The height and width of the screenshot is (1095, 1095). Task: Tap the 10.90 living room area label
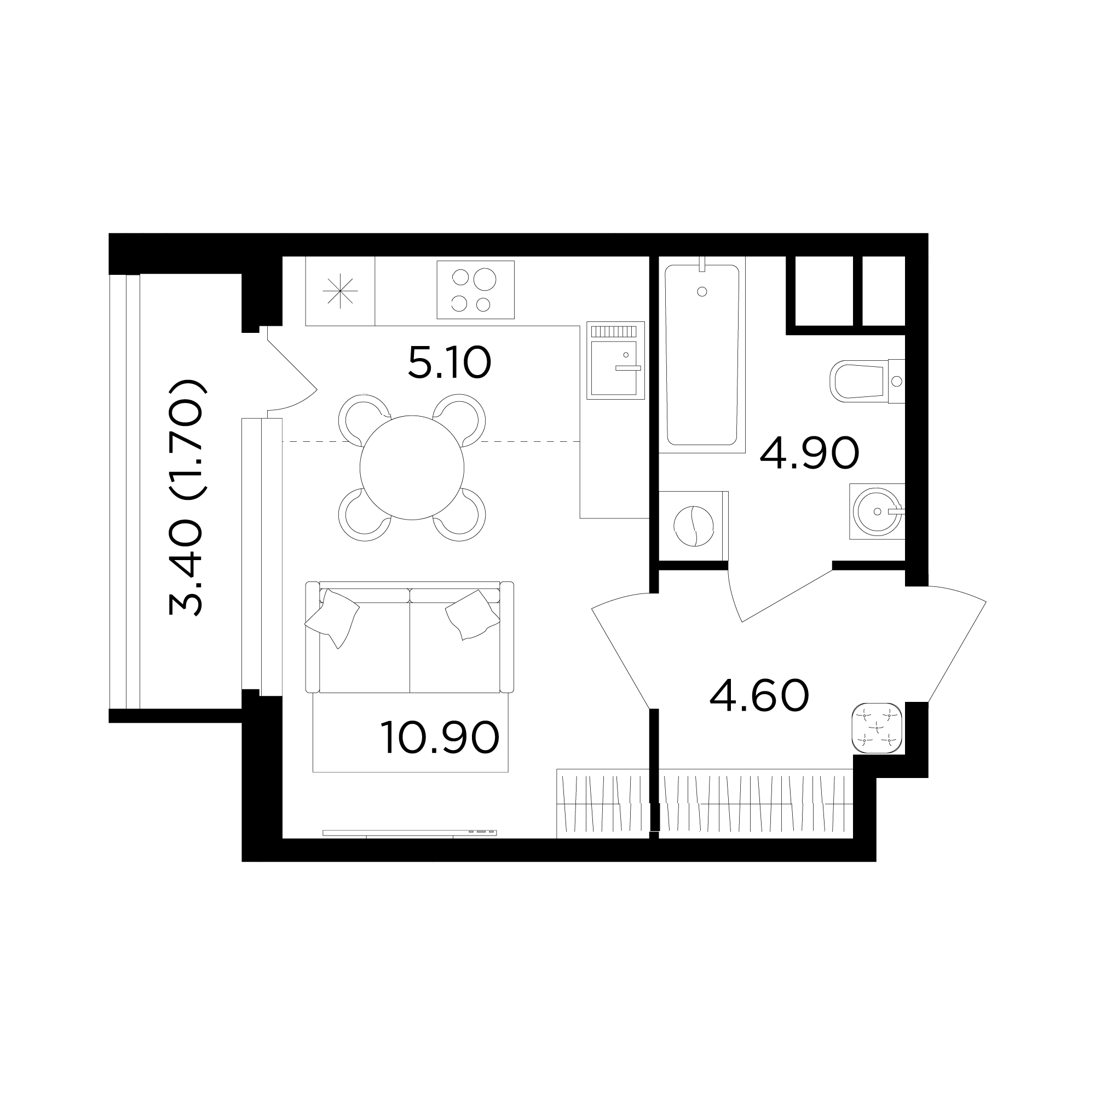pyautogui.click(x=440, y=737)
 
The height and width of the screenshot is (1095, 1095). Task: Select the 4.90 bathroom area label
pyautogui.click(x=809, y=453)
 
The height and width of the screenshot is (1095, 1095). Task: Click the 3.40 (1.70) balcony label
pyautogui.click(x=186, y=498)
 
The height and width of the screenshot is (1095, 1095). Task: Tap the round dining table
pyautogui.click(x=412, y=468)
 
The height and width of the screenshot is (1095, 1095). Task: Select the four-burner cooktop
pyautogui.click(x=476, y=290)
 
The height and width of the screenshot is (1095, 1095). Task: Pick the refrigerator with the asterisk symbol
pyautogui.click(x=340, y=291)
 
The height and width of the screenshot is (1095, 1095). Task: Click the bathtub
pyautogui.click(x=702, y=355)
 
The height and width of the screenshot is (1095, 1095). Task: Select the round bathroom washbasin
pyautogui.click(x=877, y=511)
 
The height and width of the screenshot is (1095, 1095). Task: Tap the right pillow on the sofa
pyautogui.click(x=472, y=615)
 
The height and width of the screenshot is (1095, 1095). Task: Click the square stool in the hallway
pyautogui.click(x=877, y=728)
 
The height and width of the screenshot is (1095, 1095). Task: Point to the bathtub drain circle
pyautogui.click(x=702, y=291)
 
